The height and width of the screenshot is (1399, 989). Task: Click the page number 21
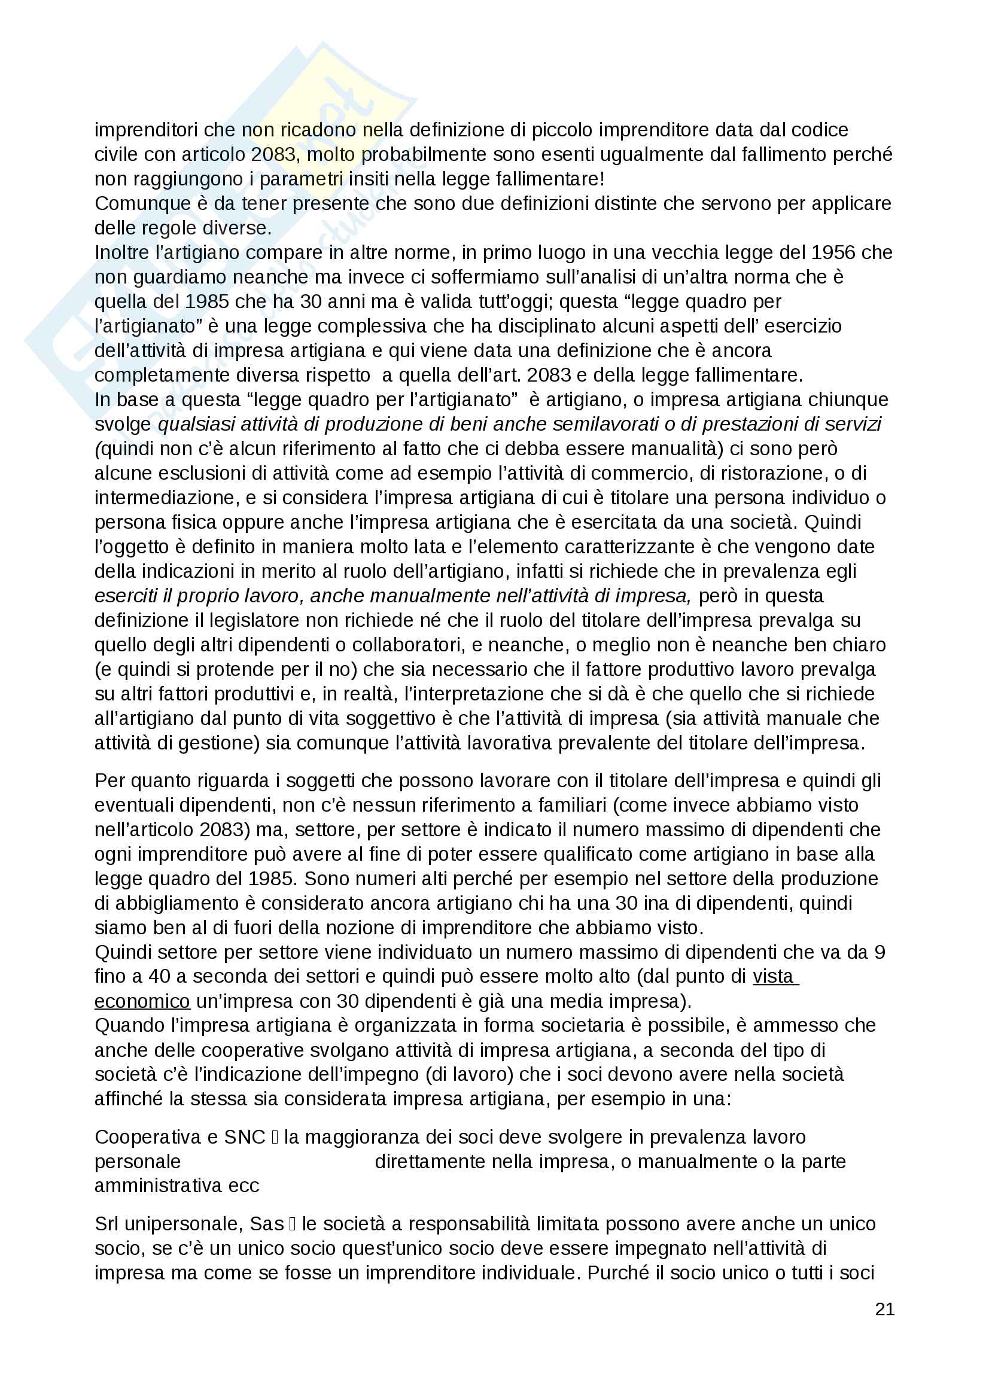point(884,1309)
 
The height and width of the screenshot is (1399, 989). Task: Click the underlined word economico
point(142,1001)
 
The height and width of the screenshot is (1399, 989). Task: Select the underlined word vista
point(772,977)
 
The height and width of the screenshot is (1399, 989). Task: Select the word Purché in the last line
point(618,1273)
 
